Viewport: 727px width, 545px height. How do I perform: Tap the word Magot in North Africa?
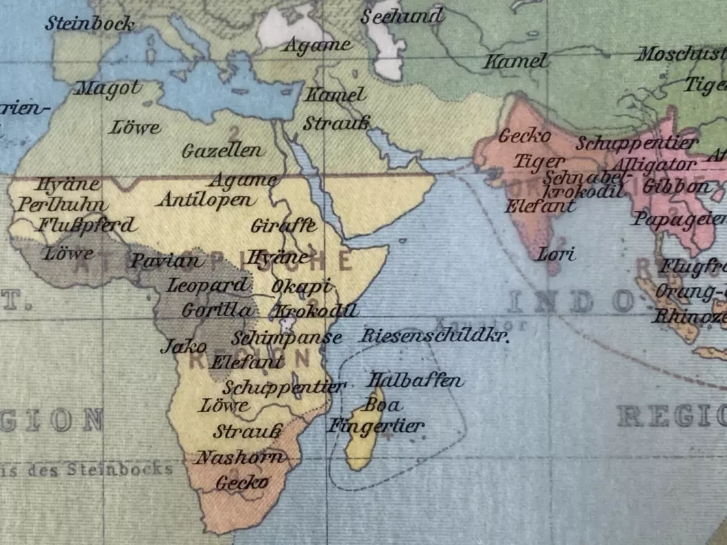point(109,88)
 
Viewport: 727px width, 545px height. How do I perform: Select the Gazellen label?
point(222,151)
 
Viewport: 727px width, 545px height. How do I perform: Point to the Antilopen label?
point(207,200)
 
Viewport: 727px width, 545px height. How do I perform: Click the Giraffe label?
point(283,225)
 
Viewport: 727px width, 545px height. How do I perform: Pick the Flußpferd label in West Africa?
point(87,224)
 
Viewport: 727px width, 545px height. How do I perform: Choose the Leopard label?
point(208,285)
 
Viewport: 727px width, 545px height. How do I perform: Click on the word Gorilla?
point(216,311)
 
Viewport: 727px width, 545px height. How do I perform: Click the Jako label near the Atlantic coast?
point(174,346)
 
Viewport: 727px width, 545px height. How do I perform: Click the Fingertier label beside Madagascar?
point(376,426)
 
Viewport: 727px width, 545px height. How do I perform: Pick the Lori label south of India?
point(556,255)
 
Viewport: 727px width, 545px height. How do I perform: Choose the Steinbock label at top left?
point(90,24)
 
